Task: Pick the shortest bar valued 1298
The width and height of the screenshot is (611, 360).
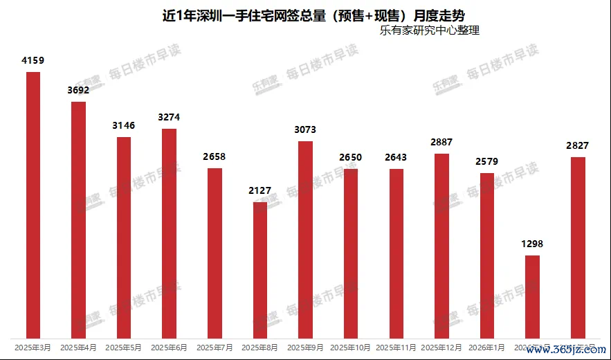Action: point(532,298)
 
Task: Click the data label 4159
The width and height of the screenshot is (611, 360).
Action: point(33,61)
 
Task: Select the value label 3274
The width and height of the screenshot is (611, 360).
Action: point(169,118)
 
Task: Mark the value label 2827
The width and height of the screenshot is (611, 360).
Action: point(578,146)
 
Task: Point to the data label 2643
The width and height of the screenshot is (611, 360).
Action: point(396,158)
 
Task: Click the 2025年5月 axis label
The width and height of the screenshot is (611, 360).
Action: point(124,346)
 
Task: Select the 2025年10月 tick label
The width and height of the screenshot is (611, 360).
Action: point(350,346)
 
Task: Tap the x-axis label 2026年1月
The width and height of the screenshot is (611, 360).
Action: point(486,346)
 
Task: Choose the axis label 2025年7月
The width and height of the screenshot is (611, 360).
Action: point(215,346)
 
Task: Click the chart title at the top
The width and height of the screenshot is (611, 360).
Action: point(310,15)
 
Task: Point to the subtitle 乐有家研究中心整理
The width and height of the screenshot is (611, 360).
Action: point(429,30)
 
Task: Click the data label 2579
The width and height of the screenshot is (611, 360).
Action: point(486,162)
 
